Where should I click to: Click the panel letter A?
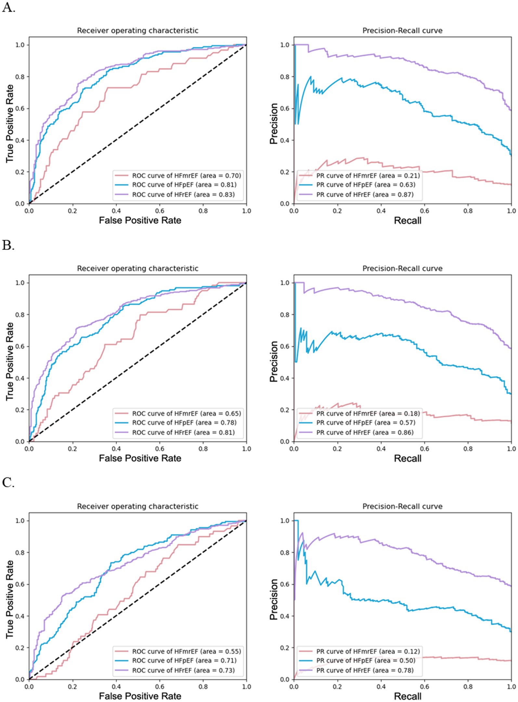point(8,7)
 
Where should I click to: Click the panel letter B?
point(8,245)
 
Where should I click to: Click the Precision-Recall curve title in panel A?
point(402,31)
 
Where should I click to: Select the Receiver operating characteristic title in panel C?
point(137,506)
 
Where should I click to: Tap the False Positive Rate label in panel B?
point(140,458)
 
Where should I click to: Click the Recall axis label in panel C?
point(408,696)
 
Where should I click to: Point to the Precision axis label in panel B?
point(274,361)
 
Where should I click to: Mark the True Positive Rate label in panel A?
point(10,124)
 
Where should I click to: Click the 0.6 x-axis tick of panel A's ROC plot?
point(160,211)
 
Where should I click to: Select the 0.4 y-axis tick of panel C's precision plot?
point(285,616)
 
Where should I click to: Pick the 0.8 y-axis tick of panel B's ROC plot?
point(20,315)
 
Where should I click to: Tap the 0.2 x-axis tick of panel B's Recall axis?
point(337,448)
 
